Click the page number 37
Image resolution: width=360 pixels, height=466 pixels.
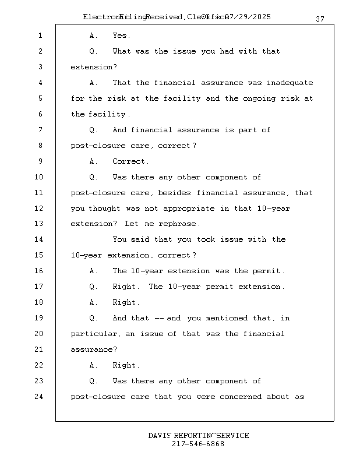pos(320,19)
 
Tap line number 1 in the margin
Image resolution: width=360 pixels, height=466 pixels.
pos(40,36)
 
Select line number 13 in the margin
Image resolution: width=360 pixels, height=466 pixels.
pos(38,224)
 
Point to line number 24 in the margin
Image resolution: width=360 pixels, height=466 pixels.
pos(38,397)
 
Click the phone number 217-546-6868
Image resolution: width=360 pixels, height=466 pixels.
pos(198,444)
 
